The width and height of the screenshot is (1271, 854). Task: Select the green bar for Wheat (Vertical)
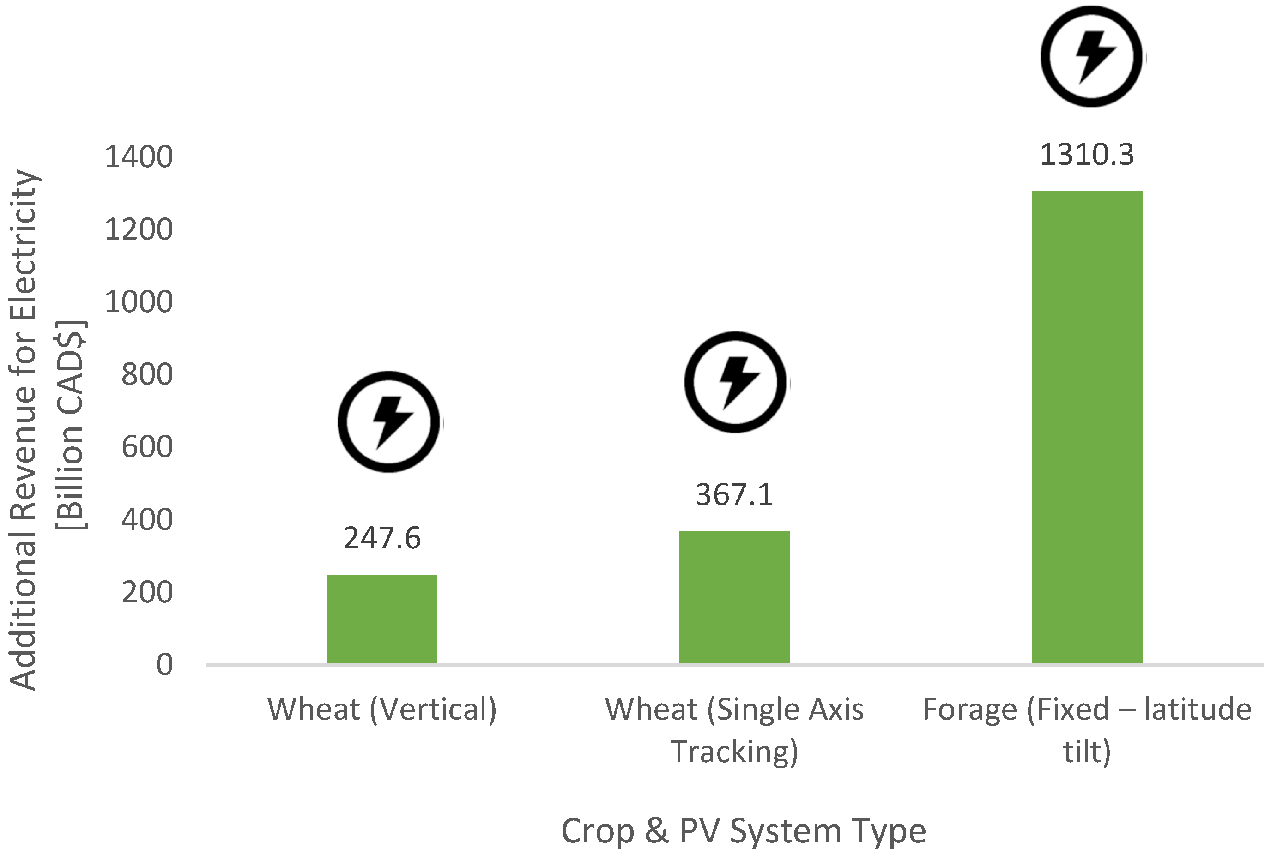[381, 619]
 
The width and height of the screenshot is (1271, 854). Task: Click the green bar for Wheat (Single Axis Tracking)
[734, 597]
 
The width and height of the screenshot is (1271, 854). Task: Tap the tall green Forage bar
[1087, 427]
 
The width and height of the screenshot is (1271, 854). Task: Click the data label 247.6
[382, 538]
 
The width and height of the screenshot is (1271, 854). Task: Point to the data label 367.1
[734, 494]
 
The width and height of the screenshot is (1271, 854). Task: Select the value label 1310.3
[1087, 155]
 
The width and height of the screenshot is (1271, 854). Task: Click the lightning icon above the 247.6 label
[389, 422]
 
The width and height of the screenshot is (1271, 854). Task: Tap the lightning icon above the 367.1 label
[735, 382]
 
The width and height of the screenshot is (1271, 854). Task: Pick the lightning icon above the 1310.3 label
[1092, 57]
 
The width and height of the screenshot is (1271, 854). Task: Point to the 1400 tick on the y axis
[139, 157]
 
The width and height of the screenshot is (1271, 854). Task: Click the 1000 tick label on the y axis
[139, 302]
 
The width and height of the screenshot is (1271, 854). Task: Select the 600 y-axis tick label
[146, 447]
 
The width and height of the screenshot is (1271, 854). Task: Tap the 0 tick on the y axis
[164, 665]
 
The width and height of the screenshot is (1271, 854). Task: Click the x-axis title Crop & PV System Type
[743, 830]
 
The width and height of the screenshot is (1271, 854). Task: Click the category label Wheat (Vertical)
[382, 709]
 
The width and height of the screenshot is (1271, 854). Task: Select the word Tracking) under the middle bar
[734, 752]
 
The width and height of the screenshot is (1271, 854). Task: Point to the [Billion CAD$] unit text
[71, 425]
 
